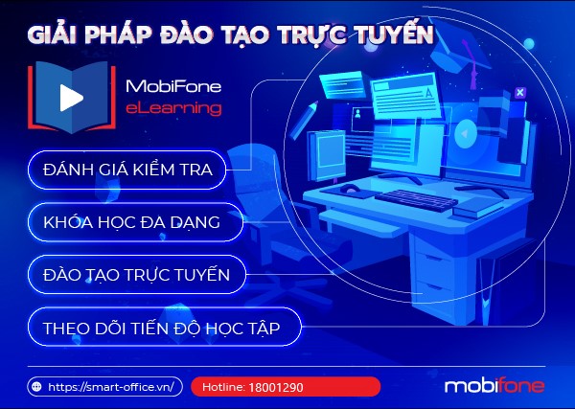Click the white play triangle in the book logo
point(71,98)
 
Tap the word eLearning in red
point(173,108)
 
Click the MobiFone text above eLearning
point(173,86)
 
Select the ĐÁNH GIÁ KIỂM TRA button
point(126,170)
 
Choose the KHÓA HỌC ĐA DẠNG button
point(135,222)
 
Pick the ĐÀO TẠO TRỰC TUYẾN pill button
point(137,275)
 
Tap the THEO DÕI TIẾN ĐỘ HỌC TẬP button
point(164,327)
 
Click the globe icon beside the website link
point(36,387)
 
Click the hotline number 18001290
point(276,387)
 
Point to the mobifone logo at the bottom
point(494,386)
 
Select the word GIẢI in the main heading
point(53,34)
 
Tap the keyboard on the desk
point(416,200)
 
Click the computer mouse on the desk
point(350,189)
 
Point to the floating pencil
point(304,120)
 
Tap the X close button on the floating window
point(520,92)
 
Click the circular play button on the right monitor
point(465,134)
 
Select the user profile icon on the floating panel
point(357,114)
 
